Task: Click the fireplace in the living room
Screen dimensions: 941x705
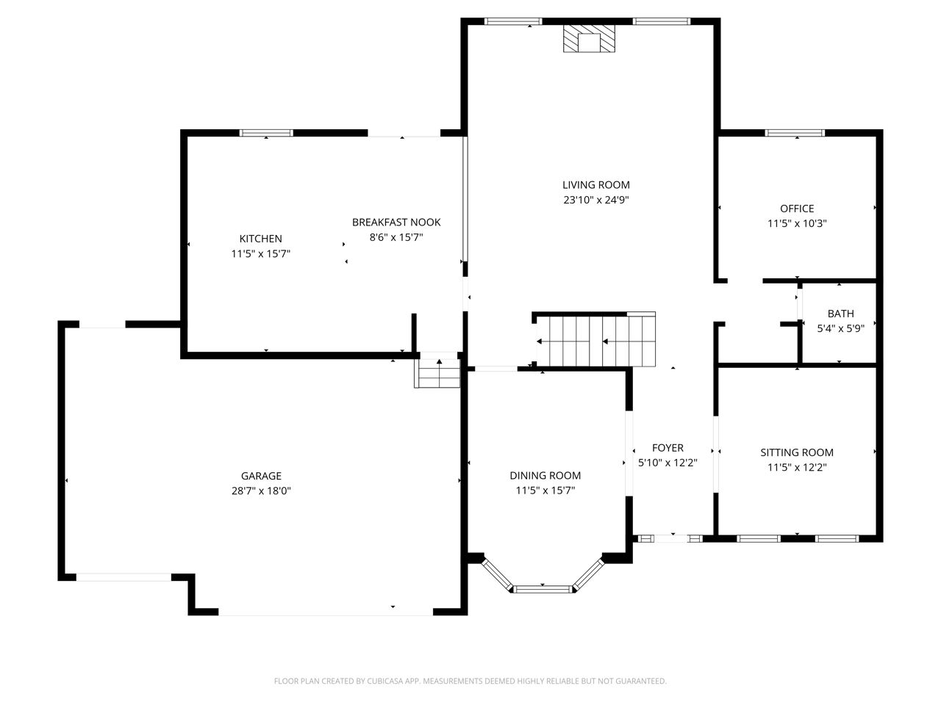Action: click(589, 38)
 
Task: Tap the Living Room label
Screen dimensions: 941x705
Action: click(596, 185)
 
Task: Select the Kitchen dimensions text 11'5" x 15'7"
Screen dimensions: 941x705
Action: click(261, 254)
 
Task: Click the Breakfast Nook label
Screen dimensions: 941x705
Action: click(396, 223)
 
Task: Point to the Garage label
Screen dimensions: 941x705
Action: click(261, 476)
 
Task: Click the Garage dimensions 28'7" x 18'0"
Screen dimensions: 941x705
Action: click(261, 491)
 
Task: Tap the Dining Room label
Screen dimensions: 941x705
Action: click(545, 475)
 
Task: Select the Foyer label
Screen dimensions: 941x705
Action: click(668, 448)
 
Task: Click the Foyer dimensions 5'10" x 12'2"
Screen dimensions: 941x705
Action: click(668, 463)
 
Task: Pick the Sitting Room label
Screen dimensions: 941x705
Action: click(797, 452)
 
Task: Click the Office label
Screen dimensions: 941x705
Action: click(797, 209)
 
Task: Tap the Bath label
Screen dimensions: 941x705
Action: click(841, 314)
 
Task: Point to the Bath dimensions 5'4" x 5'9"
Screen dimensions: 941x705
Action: click(841, 329)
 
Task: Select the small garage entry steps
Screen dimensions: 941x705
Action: click(437, 373)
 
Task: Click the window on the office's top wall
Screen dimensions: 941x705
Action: click(795, 133)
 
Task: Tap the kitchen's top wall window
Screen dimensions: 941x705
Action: click(266, 133)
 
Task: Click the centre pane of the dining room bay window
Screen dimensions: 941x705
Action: click(543, 590)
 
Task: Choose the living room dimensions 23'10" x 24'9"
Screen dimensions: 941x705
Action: click(596, 200)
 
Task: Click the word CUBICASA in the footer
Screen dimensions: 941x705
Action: click(384, 681)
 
